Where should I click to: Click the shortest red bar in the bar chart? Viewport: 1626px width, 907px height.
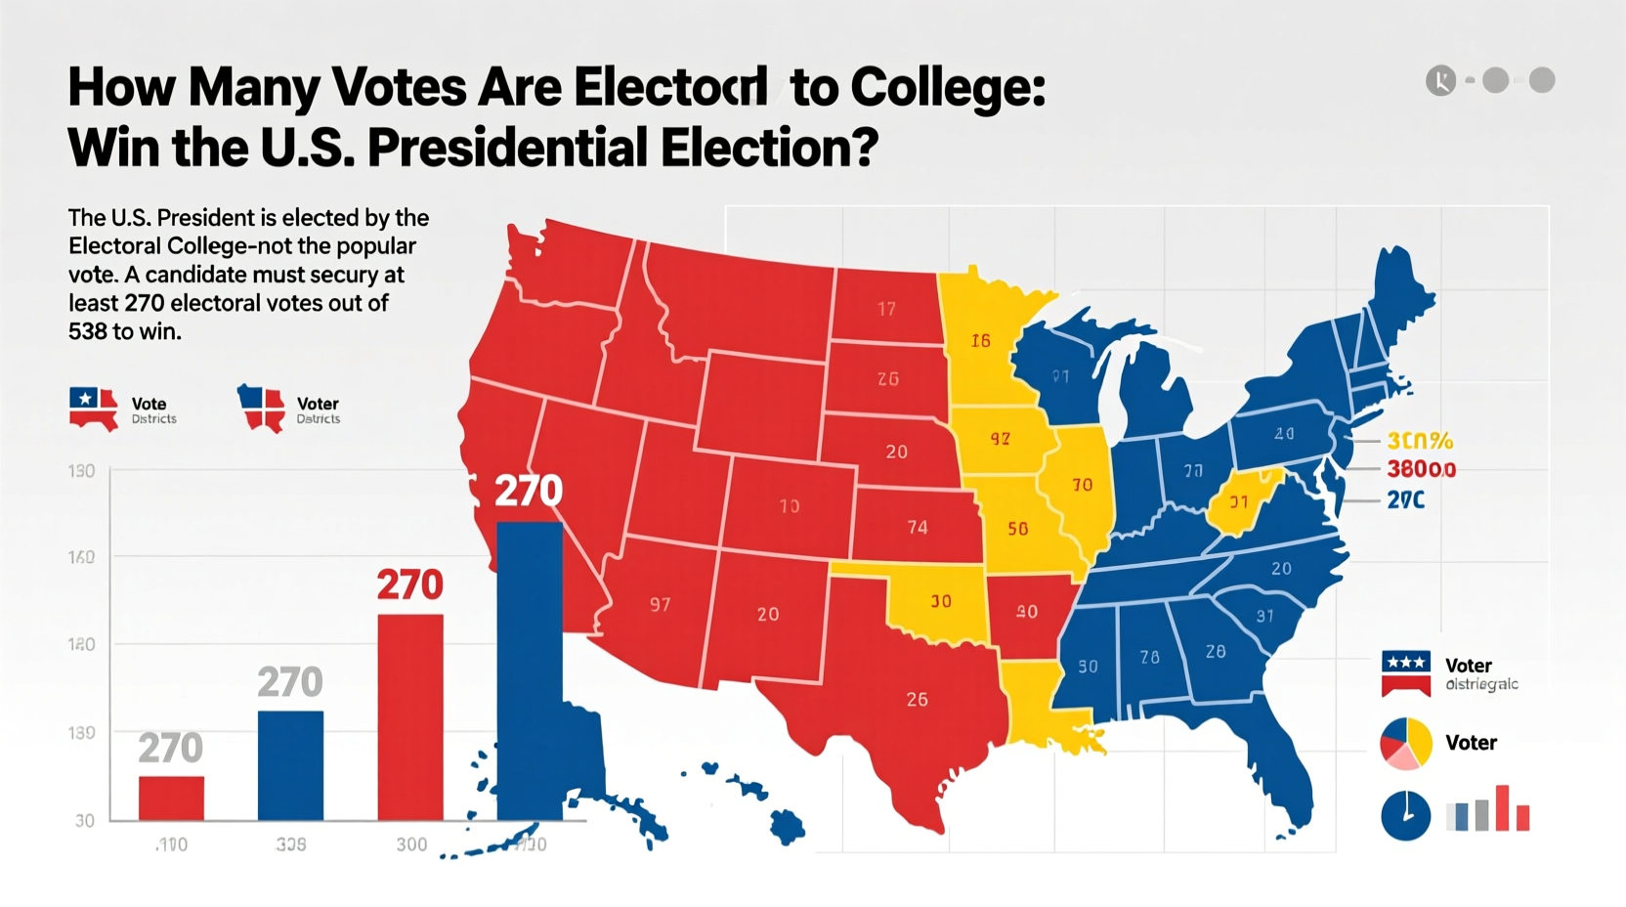point(171,798)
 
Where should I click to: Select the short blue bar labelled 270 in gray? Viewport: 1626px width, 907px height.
point(290,764)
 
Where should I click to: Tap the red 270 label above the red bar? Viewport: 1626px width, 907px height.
point(409,585)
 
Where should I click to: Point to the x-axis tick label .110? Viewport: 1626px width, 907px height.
point(171,844)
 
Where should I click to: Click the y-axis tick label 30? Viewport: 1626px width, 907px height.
point(85,821)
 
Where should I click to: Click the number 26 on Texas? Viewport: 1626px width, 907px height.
point(917,700)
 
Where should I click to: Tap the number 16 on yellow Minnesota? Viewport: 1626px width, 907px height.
point(980,341)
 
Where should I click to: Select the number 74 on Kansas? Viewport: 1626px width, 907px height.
point(917,528)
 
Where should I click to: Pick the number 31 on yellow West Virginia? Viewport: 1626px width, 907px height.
point(1238,502)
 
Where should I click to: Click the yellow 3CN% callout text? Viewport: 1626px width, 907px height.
point(1420,442)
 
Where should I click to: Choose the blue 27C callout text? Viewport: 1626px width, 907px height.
point(1405,500)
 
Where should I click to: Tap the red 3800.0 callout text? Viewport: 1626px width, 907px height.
point(1421,470)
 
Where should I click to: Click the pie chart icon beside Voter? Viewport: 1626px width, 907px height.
point(1405,744)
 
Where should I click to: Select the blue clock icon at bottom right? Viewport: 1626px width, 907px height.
point(1405,816)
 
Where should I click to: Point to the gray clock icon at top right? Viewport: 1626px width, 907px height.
point(1440,80)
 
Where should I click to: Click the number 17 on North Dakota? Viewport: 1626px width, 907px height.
point(886,310)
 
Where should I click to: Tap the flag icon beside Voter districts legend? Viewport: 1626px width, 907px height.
point(1405,673)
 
